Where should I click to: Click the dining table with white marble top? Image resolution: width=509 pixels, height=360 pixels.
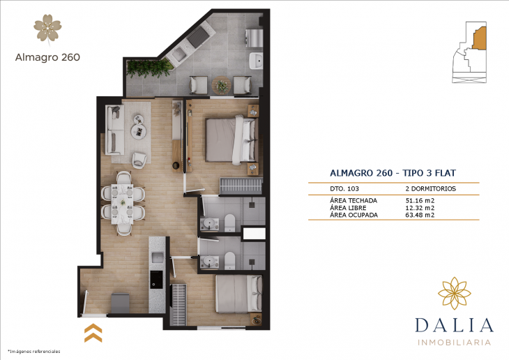[x=123, y=202]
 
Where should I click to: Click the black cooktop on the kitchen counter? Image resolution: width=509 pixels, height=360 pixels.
[x=158, y=278]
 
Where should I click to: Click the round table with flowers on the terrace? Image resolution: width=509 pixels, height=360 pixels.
[x=222, y=85]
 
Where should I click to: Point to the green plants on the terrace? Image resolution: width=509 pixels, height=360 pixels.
[x=148, y=66]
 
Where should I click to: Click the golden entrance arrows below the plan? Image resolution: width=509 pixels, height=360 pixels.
[x=93, y=332]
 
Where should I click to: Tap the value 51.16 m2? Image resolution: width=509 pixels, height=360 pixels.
[x=420, y=200]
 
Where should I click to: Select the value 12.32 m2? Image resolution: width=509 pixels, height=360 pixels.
[x=420, y=207]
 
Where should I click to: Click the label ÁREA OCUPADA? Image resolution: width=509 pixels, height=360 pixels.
[x=354, y=215]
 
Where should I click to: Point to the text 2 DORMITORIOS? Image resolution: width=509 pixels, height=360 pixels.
[x=430, y=189]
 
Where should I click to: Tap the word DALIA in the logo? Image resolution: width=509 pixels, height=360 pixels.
[x=454, y=324]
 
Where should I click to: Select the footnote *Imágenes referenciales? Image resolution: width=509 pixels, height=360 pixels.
[x=33, y=351]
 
